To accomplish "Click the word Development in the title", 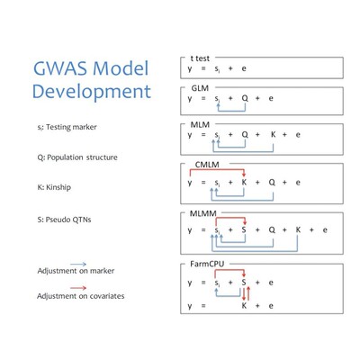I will [x=90, y=91].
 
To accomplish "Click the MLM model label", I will [x=201, y=122].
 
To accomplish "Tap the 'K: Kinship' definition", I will [x=56, y=187].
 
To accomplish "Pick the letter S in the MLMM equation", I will [x=244, y=229].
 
